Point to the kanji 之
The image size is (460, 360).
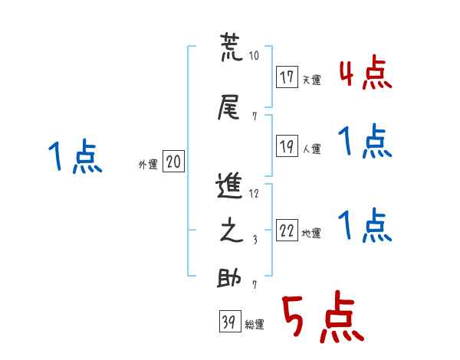(229, 233)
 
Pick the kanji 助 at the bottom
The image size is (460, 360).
(229, 277)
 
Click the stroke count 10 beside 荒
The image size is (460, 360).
(255, 56)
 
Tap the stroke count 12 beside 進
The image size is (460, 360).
(254, 192)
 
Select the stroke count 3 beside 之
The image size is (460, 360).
(254, 240)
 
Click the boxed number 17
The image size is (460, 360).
(287, 77)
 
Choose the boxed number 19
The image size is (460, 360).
(287, 146)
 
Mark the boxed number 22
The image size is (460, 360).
(287, 231)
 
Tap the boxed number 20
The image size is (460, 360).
(173, 162)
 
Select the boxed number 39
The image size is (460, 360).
(228, 323)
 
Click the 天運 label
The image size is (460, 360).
(311, 80)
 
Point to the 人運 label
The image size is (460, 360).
(311, 149)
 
